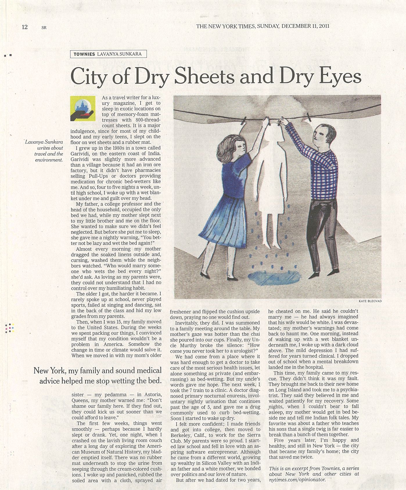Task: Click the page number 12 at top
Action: coord(25,27)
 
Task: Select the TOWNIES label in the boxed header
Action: coord(84,54)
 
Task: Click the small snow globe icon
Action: coord(83,108)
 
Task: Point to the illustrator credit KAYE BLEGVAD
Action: coord(370,301)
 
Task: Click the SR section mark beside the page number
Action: coord(44,28)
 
